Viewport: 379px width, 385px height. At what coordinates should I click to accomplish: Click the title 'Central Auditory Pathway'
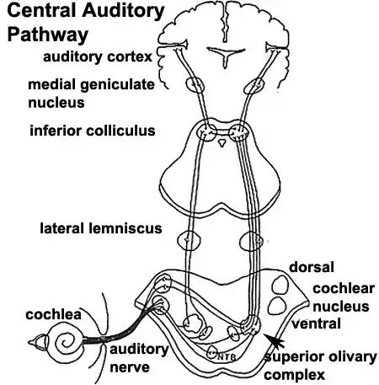click(71, 24)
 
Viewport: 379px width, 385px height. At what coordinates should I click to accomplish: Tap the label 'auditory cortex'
click(102, 56)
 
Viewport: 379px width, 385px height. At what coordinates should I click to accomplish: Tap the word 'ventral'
click(316, 323)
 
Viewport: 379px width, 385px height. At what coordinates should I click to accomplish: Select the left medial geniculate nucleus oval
click(195, 84)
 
